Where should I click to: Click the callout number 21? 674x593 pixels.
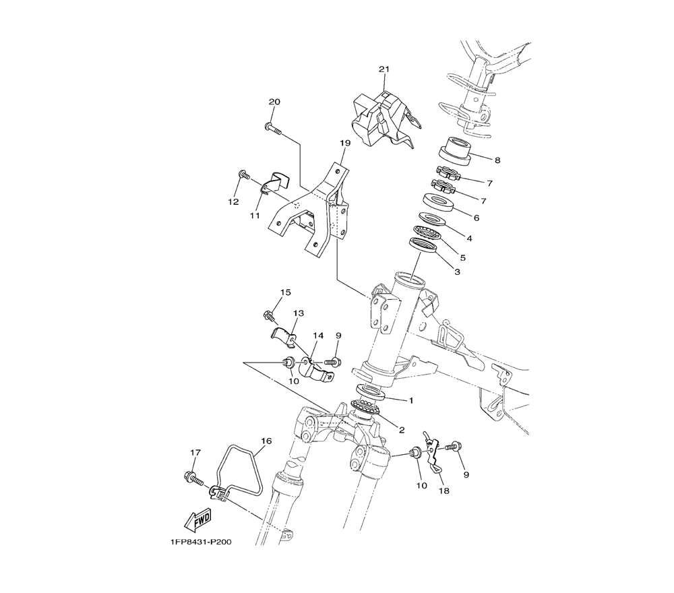pyautogui.click(x=384, y=69)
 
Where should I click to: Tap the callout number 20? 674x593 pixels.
pyautogui.click(x=274, y=102)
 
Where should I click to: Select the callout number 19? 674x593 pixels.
pyautogui.click(x=344, y=143)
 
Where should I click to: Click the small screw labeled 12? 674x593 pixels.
pyautogui.click(x=244, y=175)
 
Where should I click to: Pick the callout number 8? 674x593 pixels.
pyautogui.click(x=497, y=160)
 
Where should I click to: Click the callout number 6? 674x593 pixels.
pyautogui.click(x=477, y=218)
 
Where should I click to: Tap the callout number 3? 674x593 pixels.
pyautogui.click(x=457, y=272)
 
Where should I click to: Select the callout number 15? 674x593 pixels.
pyautogui.click(x=285, y=292)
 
